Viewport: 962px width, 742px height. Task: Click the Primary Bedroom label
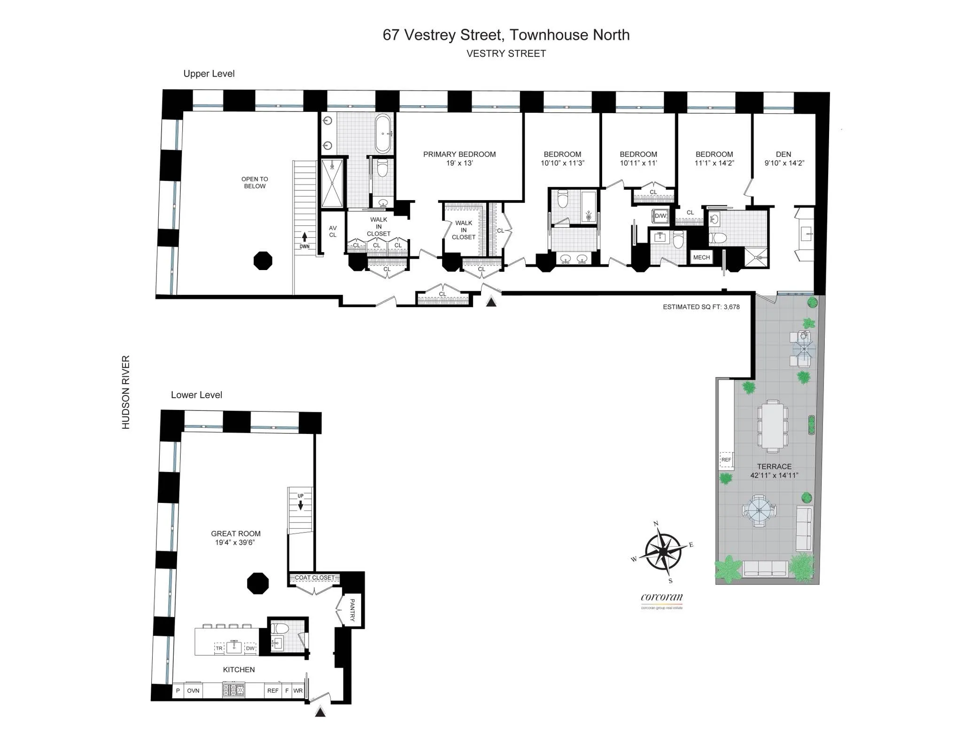click(x=459, y=154)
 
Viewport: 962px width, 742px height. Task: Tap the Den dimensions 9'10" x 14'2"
click(x=784, y=163)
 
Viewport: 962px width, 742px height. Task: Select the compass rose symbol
click(x=662, y=551)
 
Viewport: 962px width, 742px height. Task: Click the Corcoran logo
click(x=661, y=598)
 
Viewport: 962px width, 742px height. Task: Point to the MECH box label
click(x=701, y=257)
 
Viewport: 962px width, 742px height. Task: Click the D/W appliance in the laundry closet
click(x=660, y=216)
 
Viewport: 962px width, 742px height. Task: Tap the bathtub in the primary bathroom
click(x=383, y=133)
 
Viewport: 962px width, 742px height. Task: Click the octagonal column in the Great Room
click(x=258, y=583)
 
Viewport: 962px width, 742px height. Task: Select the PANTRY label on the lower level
click(x=352, y=610)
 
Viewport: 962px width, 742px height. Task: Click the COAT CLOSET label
click(x=314, y=578)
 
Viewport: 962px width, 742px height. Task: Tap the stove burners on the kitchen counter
click(x=233, y=690)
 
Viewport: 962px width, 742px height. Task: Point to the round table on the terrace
click(x=759, y=510)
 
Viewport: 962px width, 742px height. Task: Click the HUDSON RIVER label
click(x=126, y=392)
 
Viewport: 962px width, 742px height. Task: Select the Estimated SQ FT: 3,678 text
click(x=701, y=307)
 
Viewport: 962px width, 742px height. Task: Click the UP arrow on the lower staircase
click(x=301, y=505)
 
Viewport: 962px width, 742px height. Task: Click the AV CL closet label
click(x=333, y=232)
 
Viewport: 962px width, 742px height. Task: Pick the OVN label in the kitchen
click(x=193, y=690)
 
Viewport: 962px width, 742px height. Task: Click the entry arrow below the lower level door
click(x=320, y=712)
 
